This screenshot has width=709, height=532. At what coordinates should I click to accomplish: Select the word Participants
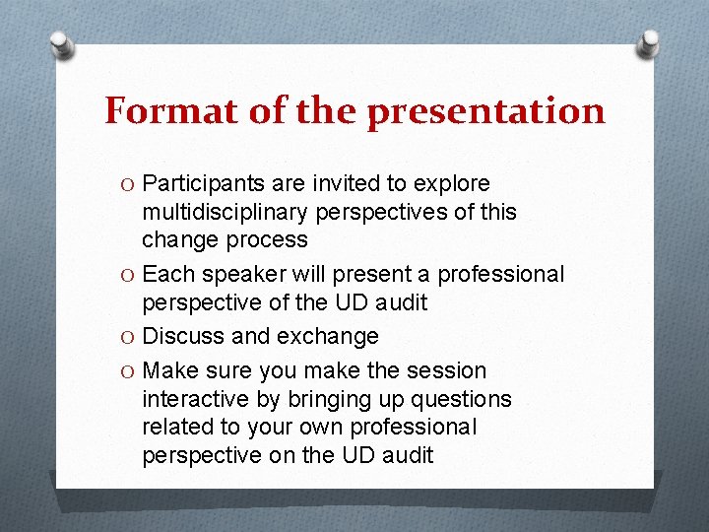[x=204, y=184]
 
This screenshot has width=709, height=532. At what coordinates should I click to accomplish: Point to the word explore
[x=453, y=184]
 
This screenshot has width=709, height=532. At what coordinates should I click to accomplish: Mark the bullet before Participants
[x=129, y=184]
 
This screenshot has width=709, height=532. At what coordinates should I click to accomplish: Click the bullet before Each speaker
[x=129, y=274]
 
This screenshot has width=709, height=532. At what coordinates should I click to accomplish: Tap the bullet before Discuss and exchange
[x=129, y=336]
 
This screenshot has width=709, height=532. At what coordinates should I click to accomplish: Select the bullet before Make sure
[x=129, y=370]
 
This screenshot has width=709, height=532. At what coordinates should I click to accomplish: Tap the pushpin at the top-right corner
[x=649, y=43]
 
